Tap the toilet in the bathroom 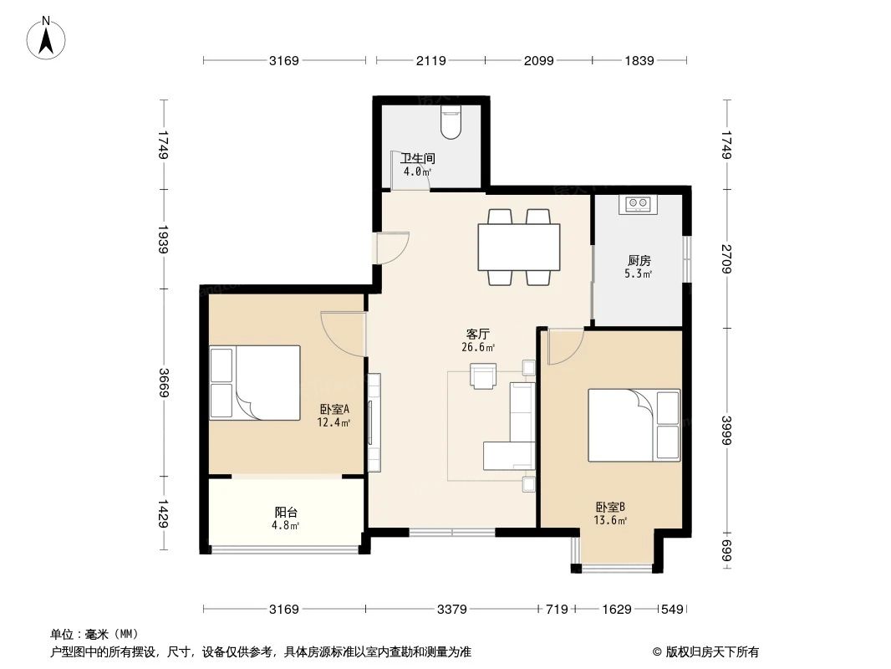coord(451,123)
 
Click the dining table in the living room coord(518,247)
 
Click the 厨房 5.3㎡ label coord(639,266)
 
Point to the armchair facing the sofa coord(484,375)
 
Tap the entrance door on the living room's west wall coord(391,248)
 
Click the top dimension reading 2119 coord(430,60)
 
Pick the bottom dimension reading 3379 coord(451,609)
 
